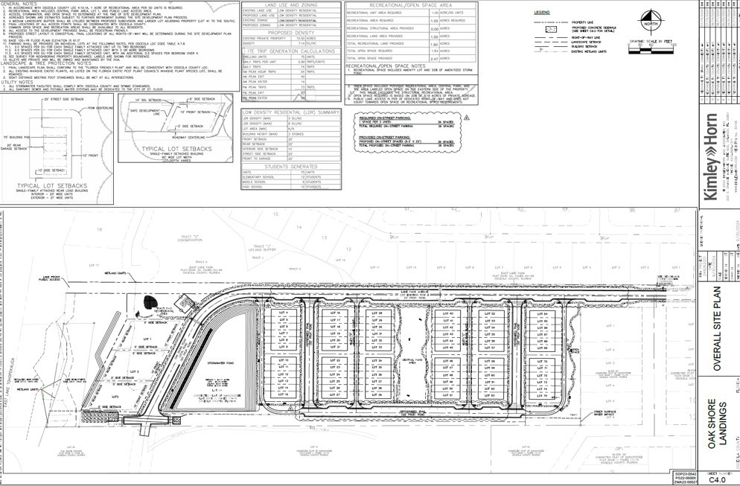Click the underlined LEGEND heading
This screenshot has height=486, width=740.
click(542, 13)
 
